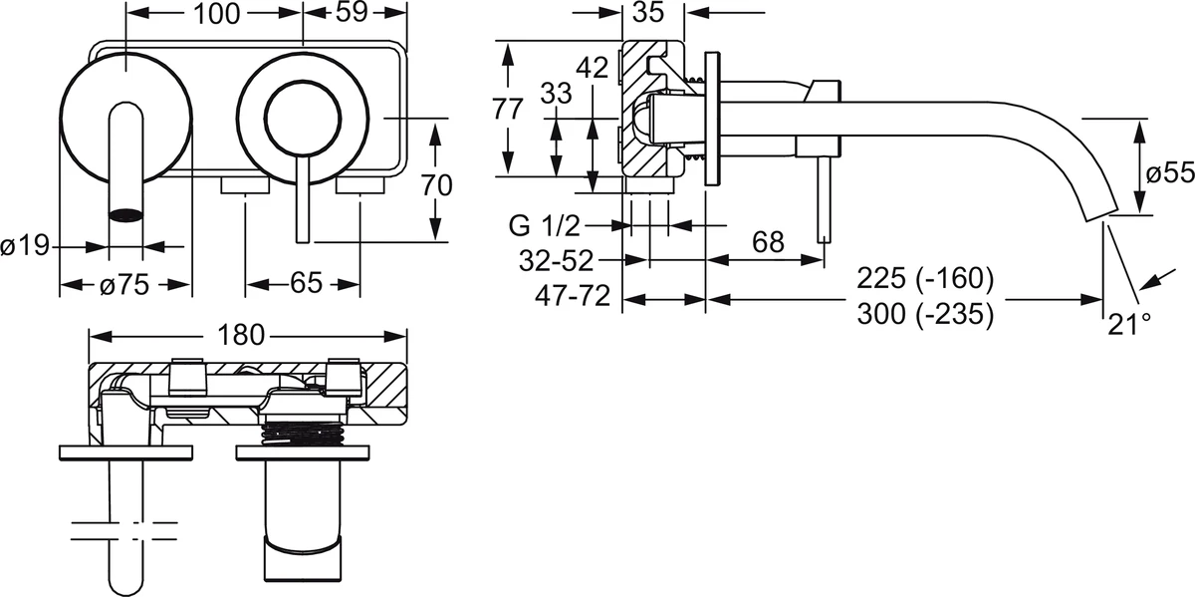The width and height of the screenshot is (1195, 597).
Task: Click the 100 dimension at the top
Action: click(x=217, y=14)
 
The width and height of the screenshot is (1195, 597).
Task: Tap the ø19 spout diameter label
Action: click(x=25, y=246)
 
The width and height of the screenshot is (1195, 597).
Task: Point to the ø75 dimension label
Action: click(x=124, y=285)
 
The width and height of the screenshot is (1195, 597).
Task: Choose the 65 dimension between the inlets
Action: click(x=307, y=283)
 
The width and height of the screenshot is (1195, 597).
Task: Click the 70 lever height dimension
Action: click(x=437, y=185)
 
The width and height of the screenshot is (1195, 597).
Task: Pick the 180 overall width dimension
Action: click(x=241, y=335)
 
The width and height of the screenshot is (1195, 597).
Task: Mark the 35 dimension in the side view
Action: click(x=648, y=12)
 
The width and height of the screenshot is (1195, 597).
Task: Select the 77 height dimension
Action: click(x=507, y=110)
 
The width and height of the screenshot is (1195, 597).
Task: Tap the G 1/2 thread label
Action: click(x=544, y=226)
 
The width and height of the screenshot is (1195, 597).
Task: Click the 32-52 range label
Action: click(x=557, y=261)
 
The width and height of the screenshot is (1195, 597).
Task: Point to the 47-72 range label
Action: click(x=573, y=296)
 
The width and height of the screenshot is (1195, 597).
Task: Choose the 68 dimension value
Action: click(x=768, y=242)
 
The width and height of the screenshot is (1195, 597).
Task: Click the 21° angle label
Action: click(x=1129, y=324)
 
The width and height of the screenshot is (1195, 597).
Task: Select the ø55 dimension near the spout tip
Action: click(x=1170, y=173)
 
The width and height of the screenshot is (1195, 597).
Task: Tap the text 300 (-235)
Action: click(x=925, y=314)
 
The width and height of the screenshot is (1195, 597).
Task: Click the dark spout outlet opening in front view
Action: click(x=125, y=215)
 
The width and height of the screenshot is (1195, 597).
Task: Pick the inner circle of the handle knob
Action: click(x=303, y=120)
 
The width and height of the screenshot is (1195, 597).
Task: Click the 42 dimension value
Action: click(x=593, y=68)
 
